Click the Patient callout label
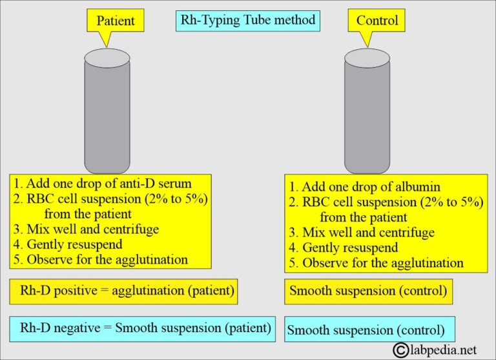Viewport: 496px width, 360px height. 116,21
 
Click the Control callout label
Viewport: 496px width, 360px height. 377,21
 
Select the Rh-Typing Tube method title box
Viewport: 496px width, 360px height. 247,20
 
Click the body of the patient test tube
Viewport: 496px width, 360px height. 107,116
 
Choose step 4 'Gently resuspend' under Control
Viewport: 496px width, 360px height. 350,248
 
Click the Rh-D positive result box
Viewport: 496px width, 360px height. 125,291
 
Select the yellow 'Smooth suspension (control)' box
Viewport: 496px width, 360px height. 367,291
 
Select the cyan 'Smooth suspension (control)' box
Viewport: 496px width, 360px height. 369,330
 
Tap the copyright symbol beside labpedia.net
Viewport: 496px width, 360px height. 402,350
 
